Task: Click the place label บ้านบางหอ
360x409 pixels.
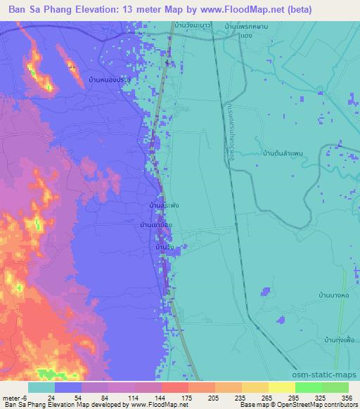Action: pyautogui.click(x=333, y=296)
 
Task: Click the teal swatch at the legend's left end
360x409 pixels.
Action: pyautogui.click(x=41, y=387)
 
